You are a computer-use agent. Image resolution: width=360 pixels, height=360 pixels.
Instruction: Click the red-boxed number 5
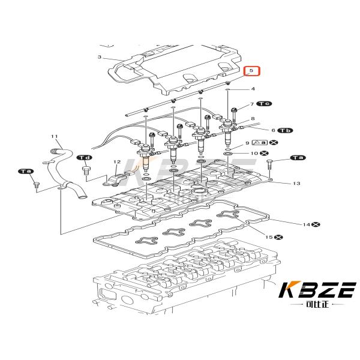[253, 71]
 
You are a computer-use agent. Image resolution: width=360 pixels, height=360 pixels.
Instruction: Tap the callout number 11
[54, 137]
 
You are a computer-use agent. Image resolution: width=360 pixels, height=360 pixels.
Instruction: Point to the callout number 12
[117, 161]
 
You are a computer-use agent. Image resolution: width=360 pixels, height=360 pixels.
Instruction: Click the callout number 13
[296, 183]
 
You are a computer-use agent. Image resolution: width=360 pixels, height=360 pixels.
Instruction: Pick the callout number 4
[253, 89]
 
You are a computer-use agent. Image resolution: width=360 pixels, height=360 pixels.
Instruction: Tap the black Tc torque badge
[264, 104]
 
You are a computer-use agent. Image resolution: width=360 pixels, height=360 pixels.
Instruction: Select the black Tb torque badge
[286, 130]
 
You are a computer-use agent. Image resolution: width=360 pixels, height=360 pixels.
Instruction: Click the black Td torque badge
[84, 158]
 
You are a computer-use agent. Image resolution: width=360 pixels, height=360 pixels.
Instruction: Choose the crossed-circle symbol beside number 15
[280, 238]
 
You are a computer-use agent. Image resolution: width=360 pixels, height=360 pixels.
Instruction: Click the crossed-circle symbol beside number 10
[263, 154]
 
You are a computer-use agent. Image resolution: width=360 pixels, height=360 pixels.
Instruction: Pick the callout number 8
[253, 119]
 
